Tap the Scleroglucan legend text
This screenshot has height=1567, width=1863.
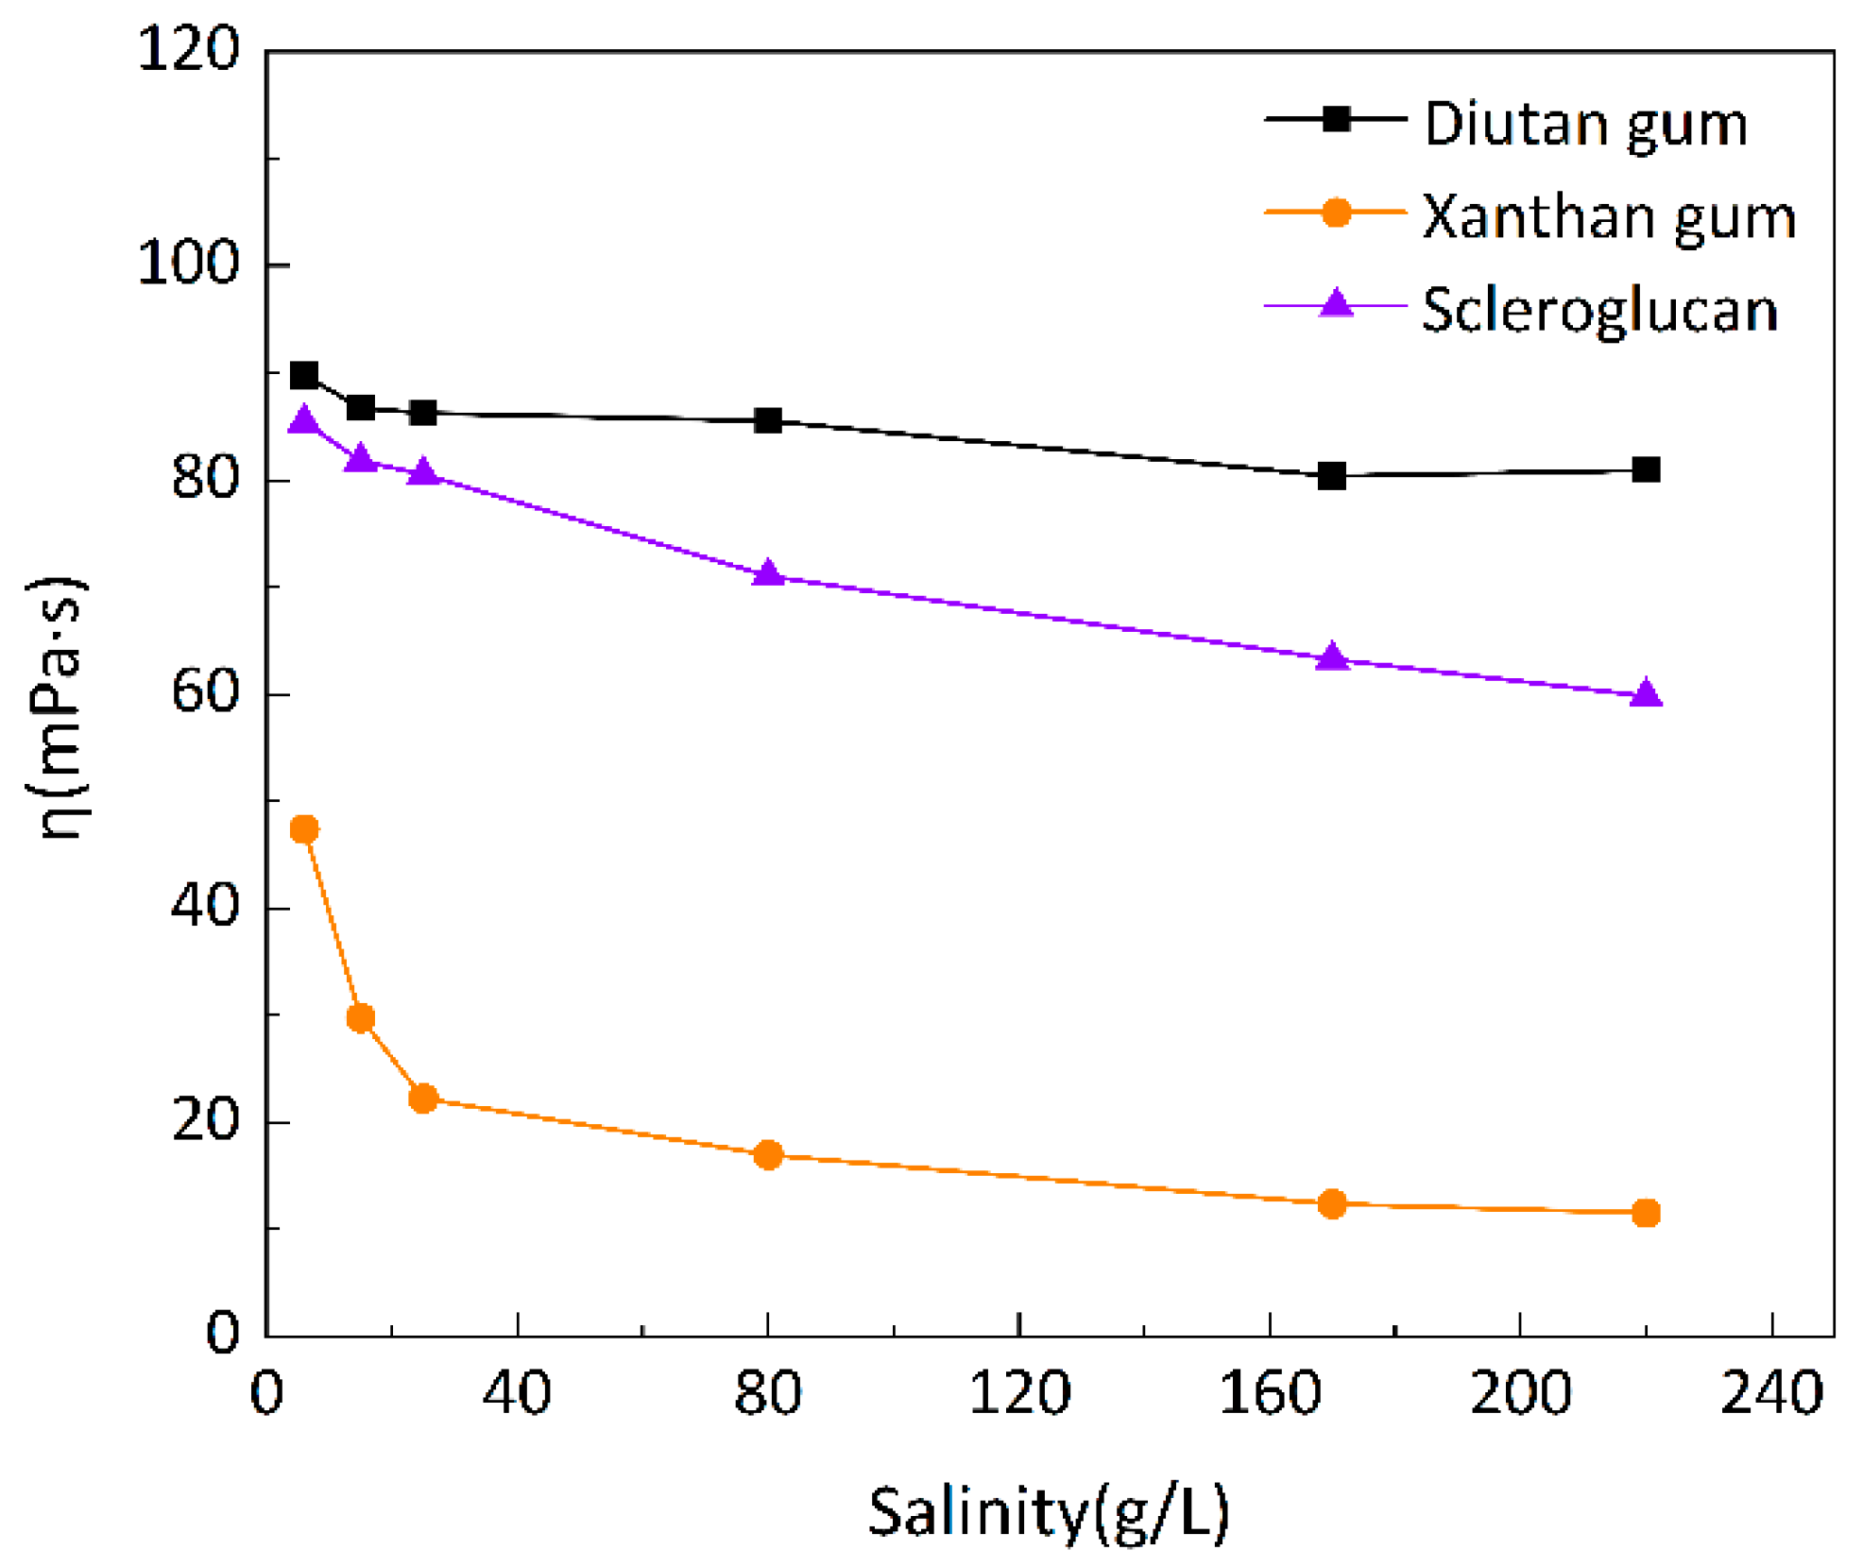point(1598,310)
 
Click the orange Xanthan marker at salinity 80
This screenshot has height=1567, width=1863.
point(768,1154)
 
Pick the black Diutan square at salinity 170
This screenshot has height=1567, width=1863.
point(1331,476)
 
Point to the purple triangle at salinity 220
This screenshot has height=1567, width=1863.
point(1646,694)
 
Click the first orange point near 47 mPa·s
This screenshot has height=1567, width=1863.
point(304,829)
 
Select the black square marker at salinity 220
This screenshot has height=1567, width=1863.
point(1646,469)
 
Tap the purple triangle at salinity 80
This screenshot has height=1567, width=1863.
point(768,573)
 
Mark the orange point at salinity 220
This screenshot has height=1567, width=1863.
point(1646,1213)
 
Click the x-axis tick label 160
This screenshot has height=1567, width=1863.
point(1269,1393)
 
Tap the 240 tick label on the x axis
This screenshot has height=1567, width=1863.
point(1770,1393)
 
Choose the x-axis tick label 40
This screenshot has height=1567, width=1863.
point(517,1393)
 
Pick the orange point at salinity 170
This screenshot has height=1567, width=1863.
point(1331,1203)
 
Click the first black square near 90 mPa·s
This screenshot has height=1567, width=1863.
point(304,376)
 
